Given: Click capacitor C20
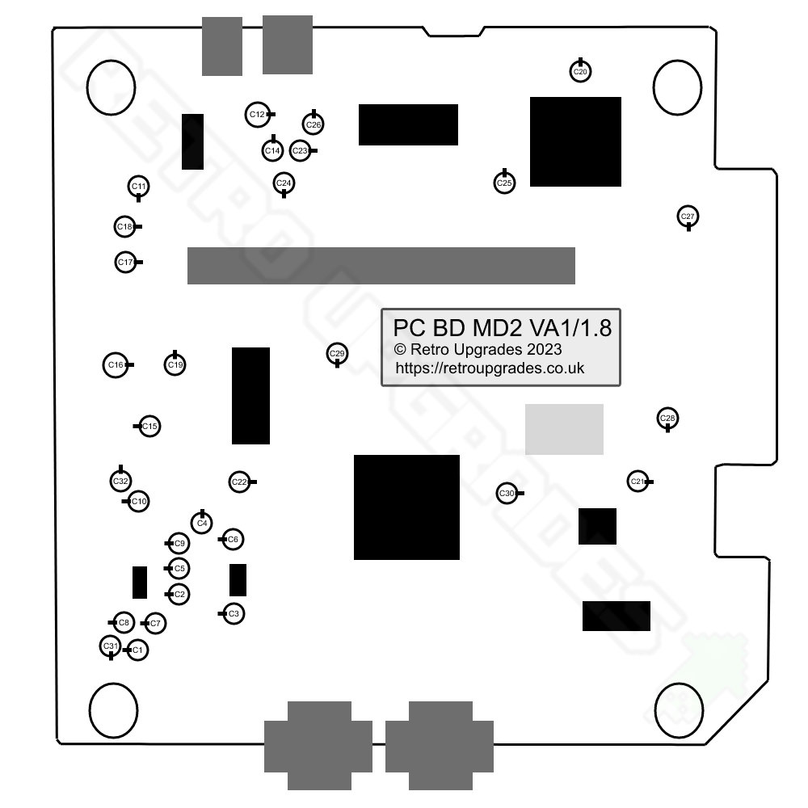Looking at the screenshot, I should pyautogui.click(x=580, y=72).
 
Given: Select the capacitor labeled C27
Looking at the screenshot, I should pyautogui.click(x=688, y=217).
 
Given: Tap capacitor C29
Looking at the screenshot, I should pyautogui.click(x=337, y=354).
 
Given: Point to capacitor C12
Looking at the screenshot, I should pyautogui.click(x=257, y=115).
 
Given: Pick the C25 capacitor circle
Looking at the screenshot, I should pyautogui.click(x=504, y=183).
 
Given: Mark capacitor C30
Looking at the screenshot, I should pyautogui.click(x=507, y=493).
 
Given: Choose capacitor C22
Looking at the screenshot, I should pyautogui.click(x=239, y=482).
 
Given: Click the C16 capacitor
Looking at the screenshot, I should pyautogui.click(x=116, y=365).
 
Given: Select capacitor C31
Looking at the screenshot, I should pyautogui.click(x=110, y=646).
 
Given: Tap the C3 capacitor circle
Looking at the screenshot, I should pyautogui.click(x=234, y=614).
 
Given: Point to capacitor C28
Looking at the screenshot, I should pyautogui.click(x=667, y=418).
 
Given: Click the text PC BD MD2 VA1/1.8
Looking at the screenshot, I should pyautogui.click(x=502, y=329).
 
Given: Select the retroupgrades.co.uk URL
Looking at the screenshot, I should pyautogui.click(x=490, y=368).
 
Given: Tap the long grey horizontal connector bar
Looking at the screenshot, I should pyautogui.click(x=381, y=266).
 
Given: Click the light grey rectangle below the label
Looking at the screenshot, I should pyautogui.click(x=564, y=429).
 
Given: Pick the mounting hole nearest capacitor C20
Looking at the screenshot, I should pyautogui.click(x=677, y=86).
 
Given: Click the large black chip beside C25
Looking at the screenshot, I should pyautogui.click(x=575, y=141).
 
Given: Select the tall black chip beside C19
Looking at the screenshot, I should pyautogui.click(x=250, y=396).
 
